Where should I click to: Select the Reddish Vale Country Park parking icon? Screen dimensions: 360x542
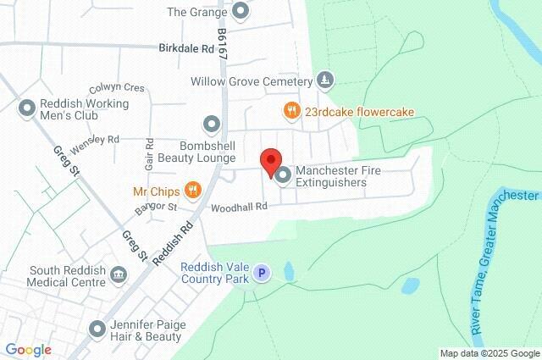(263, 274)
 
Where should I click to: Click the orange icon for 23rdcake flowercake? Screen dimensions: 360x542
(291, 110)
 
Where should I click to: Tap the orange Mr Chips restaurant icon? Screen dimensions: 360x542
(193, 189)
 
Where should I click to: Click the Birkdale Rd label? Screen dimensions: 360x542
(186, 48)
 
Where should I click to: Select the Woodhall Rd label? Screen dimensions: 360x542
(239, 207)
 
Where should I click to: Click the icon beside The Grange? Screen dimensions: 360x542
(241, 12)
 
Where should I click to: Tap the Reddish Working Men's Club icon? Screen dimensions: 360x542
(25, 109)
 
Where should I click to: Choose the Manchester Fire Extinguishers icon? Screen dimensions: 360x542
(283, 175)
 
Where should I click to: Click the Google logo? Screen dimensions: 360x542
(28, 350)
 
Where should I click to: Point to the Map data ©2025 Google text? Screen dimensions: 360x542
(489, 353)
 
